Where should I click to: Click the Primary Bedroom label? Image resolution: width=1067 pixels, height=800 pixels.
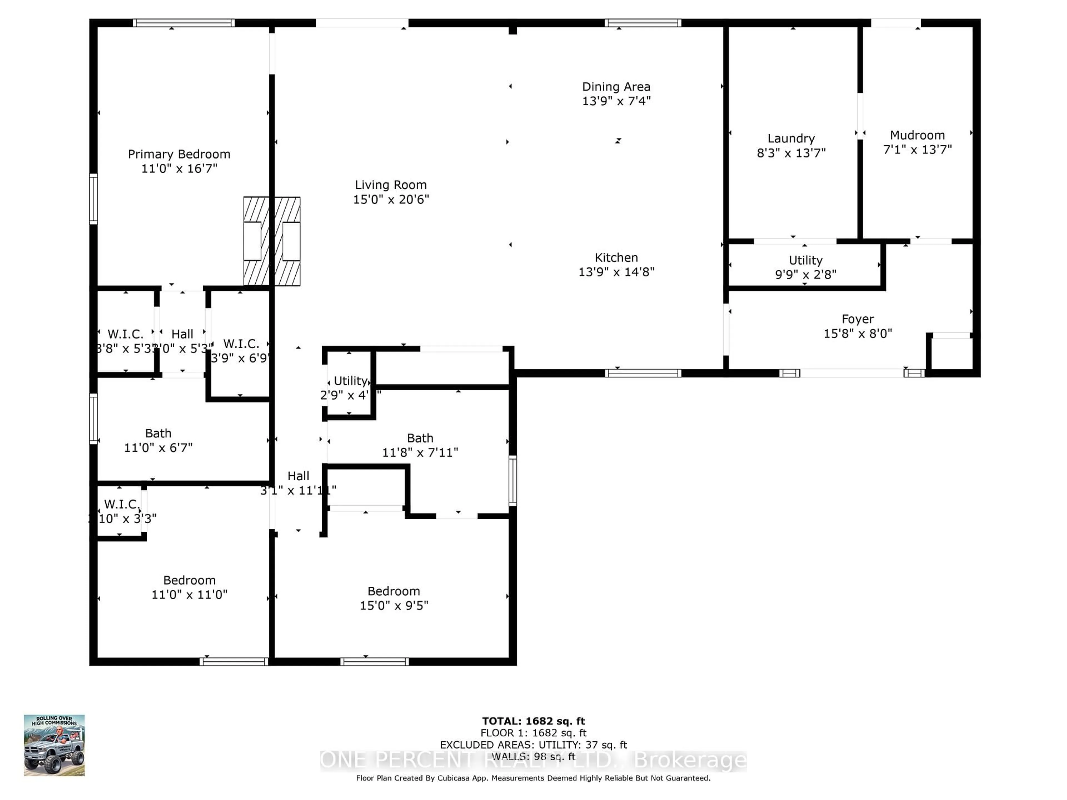coord(179,154)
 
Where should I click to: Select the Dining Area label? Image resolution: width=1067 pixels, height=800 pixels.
coord(616,87)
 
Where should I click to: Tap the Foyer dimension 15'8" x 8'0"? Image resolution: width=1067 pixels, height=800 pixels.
coord(858,334)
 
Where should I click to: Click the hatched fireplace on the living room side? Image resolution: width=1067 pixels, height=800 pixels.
coord(288,241)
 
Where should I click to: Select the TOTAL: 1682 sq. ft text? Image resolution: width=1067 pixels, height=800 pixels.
coord(533,721)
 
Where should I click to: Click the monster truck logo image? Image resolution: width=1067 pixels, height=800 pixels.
coord(54,745)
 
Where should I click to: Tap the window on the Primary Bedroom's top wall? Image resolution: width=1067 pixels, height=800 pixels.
coord(183,23)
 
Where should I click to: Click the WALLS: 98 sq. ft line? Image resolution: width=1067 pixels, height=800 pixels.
coord(533,757)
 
